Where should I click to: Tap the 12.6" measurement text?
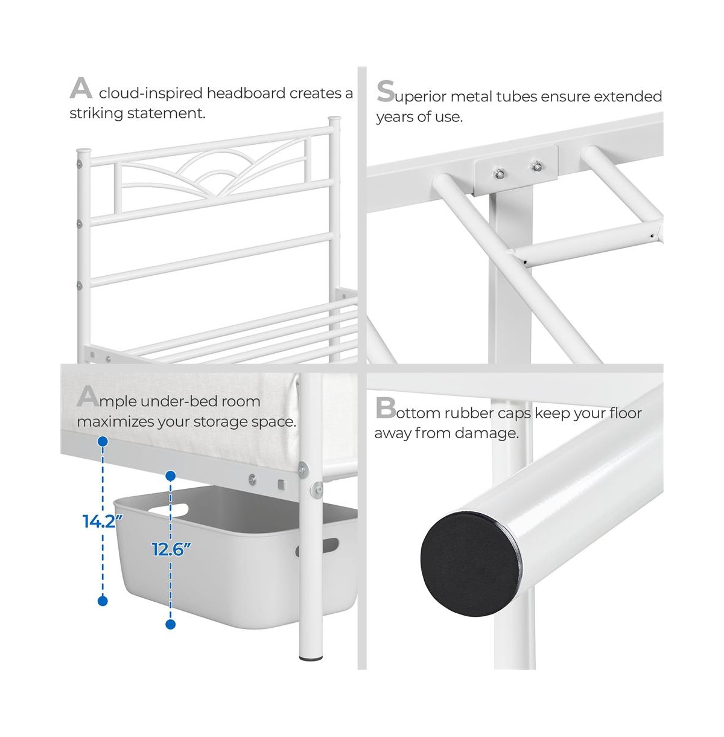click(x=171, y=549)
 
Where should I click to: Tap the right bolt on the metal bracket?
click(x=535, y=165)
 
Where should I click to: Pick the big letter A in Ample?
click(x=87, y=397)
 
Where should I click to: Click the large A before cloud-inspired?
click(x=81, y=89)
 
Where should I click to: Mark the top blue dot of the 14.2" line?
click(x=103, y=442)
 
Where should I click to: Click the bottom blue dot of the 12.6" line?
click(x=171, y=624)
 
